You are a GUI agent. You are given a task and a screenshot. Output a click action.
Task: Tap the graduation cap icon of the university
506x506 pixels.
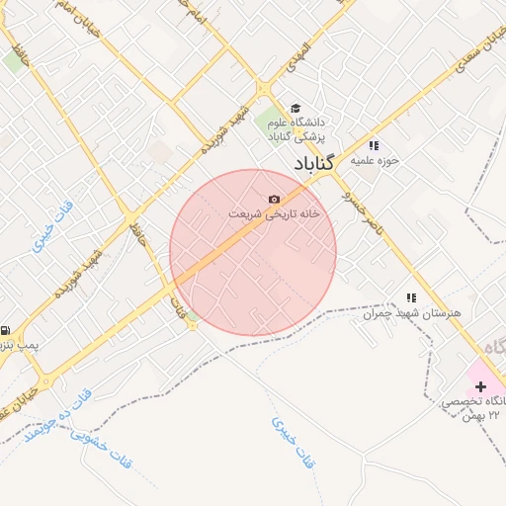point(295,108)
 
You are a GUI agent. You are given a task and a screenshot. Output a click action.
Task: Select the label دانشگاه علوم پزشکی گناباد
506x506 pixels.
point(297,127)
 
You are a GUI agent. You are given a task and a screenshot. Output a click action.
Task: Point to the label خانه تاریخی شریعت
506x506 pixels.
point(275,213)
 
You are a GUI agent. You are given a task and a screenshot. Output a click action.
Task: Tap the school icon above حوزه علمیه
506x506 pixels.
point(373,145)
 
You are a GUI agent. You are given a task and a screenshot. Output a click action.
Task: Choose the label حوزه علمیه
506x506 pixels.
point(378,160)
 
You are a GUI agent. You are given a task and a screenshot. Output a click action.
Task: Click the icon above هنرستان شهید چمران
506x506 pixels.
point(411,297)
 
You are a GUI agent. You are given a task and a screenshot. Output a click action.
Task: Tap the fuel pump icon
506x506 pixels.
point(6,331)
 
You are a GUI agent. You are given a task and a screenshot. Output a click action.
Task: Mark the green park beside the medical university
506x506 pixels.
point(270,125)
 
